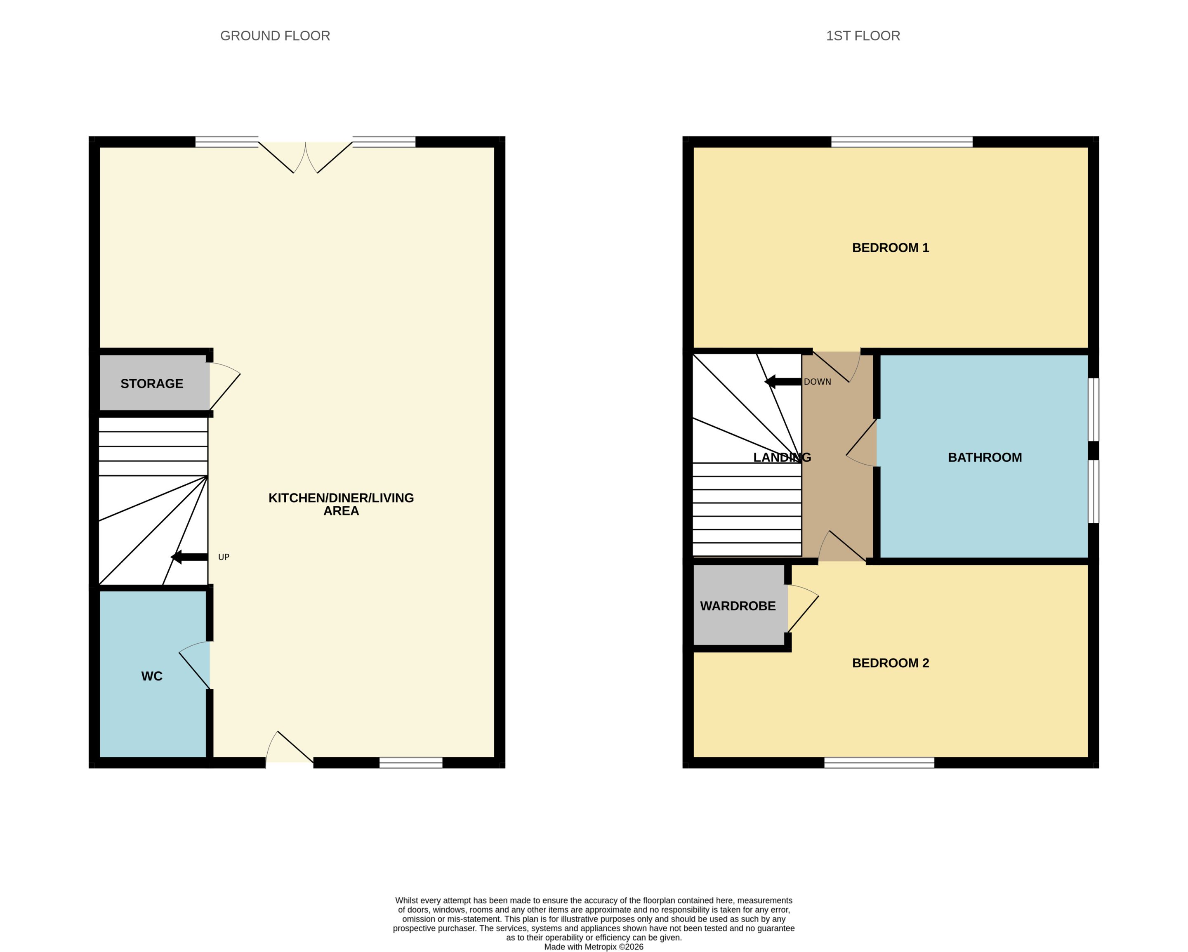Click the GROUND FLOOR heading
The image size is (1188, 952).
[275, 36]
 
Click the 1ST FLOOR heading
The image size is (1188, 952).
[863, 36]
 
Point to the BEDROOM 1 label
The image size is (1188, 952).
[891, 248]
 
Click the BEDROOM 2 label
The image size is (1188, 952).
[891, 663]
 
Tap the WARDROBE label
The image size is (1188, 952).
[738, 606]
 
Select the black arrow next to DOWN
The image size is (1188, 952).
[783, 381]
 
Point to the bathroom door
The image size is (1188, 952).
[861, 443]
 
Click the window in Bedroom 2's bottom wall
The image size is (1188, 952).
[879, 763]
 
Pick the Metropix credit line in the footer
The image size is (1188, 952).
[594, 947]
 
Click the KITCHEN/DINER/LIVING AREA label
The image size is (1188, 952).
[341, 504]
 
